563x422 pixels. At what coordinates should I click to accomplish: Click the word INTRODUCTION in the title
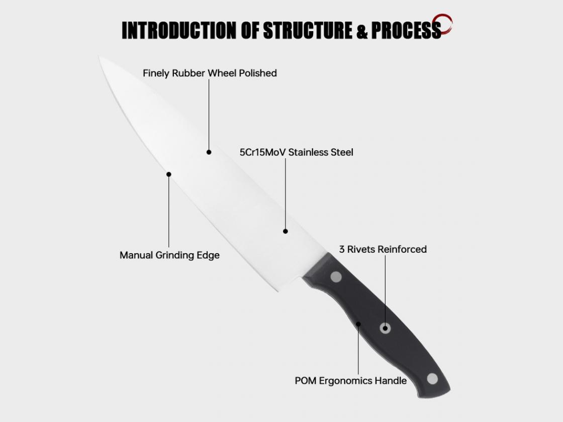pos(179,30)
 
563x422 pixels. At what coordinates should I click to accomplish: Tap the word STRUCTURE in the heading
pos(307,30)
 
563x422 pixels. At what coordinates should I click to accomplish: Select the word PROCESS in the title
pos(406,30)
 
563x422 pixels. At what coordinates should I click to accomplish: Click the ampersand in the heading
pos(362,31)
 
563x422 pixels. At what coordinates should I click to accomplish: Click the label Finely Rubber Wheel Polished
pos(210,73)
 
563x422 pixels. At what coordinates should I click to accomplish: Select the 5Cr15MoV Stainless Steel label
pos(296,152)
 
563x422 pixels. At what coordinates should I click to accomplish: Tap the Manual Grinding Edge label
pos(169,255)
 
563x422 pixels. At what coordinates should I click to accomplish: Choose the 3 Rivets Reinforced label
pos(383,249)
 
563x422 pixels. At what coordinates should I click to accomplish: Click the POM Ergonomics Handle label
pos(350,380)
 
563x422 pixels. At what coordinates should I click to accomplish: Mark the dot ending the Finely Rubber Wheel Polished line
pos(209,152)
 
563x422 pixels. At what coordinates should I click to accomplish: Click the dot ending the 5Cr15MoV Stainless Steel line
pos(286,232)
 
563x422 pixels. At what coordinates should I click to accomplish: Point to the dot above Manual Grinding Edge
pos(169,174)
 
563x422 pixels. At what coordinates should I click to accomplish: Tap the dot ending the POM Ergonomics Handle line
pos(358,324)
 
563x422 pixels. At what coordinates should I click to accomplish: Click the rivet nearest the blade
pos(336,277)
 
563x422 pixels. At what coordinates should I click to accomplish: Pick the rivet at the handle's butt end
pos(432,379)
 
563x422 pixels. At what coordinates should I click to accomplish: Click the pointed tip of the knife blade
pos(100,56)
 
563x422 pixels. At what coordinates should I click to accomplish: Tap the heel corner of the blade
pos(278,291)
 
